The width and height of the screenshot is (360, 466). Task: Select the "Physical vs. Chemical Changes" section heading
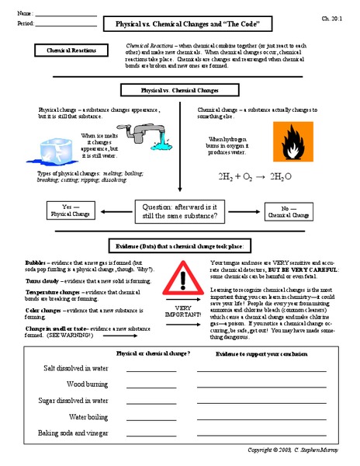pyautogui.click(x=179, y=91)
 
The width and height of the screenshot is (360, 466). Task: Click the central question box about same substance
pyautogui.click(x=179, y=210)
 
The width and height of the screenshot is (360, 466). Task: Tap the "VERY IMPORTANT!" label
pyautogui.click(x=183, y=311)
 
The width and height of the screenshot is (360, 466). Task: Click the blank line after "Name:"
pyautogui.click(x=66, y=14)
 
